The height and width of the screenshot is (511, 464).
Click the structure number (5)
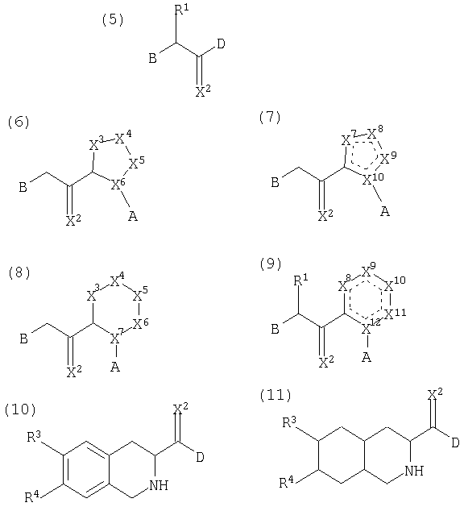coord(113,20)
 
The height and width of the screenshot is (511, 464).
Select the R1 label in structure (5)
coord(182,10)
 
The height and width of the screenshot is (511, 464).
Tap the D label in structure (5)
coord(221,44)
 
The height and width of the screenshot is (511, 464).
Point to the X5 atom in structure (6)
coord(136,162)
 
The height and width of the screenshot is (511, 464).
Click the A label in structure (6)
coord(133,216)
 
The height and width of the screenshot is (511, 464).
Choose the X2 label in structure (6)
coord(73,220)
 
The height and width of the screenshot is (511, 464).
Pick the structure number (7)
coord(270,118)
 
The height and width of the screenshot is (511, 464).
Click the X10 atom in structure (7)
coord(374,178)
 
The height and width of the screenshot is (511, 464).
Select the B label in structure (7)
coord(275,182)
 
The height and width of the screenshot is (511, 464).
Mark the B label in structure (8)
coord(24,339)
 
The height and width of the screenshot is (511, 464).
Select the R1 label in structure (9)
coord(300,280)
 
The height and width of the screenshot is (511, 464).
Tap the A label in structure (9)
coord(367,358)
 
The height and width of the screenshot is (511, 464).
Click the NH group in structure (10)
coord(159,485)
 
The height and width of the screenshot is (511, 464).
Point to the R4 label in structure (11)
coord(287,482)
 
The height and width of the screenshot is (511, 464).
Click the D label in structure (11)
coord(455,442)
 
